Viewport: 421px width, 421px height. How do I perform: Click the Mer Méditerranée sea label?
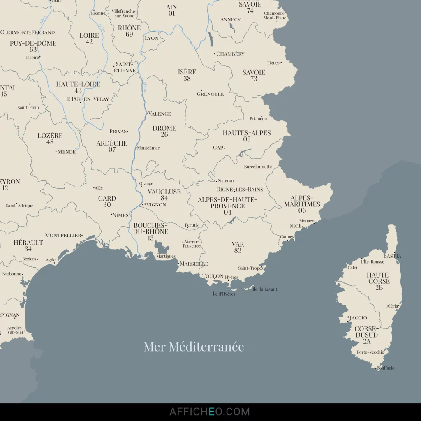click(x=194, y=347)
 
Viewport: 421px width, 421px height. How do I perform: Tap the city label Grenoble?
click(x=210, y=94)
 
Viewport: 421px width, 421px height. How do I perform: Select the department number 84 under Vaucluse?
click(x=164, y=198)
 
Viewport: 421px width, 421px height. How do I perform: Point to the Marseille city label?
click(x=194, y=264)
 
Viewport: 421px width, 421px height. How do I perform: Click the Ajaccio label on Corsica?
click(x=357, y=318)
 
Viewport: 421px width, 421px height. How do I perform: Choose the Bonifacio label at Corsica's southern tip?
click(x=386, y=368)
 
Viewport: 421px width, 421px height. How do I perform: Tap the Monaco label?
click(x=307, y=221)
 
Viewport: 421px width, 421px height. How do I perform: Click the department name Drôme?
click(x=164, y=128)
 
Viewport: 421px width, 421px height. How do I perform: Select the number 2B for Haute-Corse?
click(x=379, y=287)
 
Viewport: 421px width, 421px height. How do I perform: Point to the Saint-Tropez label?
click(x=250, y=268)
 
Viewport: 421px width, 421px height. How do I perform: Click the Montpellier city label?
click(x=63, y=235)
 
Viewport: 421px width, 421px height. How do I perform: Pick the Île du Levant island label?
click(x=265, y=289)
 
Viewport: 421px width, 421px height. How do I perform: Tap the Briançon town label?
click(x=258, y=118)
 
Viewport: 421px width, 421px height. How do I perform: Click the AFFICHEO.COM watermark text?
click(x=210, y=412)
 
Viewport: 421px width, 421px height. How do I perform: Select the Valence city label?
click(x=160, y=113)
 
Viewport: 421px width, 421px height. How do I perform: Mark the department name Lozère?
click(x=50, y=136)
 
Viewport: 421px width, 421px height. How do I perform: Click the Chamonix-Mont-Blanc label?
click(x=275, y=16)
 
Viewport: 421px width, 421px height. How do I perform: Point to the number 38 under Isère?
click(x=187, y=79)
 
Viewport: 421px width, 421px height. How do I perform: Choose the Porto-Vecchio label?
click(x=370, y=352)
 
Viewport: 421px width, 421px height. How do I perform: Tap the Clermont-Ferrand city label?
click(x=28, y=32)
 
